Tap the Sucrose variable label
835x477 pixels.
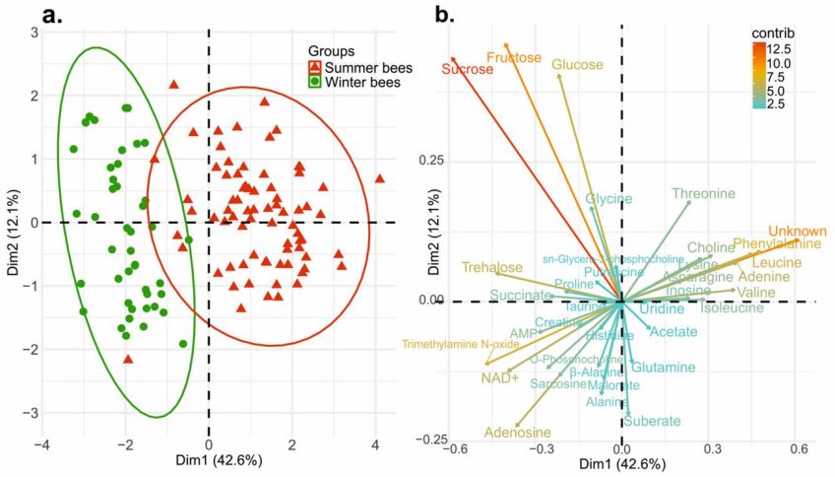467,69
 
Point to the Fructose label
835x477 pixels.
513,57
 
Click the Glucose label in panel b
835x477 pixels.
577,65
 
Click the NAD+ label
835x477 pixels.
500,377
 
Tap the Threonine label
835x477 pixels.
703,194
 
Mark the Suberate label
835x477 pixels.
652,421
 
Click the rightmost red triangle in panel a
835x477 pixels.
379,178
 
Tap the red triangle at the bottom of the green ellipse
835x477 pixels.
127,359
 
